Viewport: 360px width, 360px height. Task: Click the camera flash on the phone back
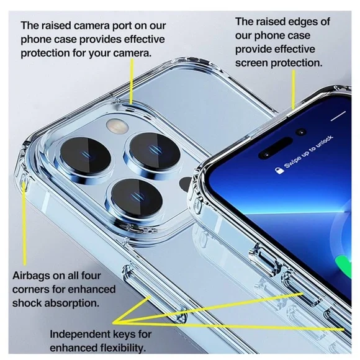click(117, 126)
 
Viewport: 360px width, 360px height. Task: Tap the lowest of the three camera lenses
click(137, 198)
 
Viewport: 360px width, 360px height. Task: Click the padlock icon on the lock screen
click(279, 170)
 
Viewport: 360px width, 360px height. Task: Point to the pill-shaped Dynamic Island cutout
click(276, 148)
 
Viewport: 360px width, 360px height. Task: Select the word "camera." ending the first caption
click(132, 53)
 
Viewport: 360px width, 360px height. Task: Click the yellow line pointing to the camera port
click(132, 81)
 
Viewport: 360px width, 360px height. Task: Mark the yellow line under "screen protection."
click(294, 89)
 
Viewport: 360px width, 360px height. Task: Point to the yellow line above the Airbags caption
click(24, 224)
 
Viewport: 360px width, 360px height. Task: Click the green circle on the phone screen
click(344, 267)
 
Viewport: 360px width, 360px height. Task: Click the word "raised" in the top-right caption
click(271, 22)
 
